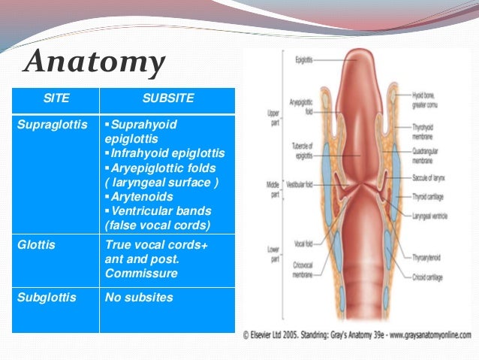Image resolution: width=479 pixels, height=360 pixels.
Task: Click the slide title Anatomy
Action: point(94,63)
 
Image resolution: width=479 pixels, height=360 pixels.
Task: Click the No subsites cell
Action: point(139,298)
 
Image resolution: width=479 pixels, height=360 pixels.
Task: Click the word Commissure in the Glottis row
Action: point(142,273)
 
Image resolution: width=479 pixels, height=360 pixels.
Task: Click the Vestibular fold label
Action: point(300,183)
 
